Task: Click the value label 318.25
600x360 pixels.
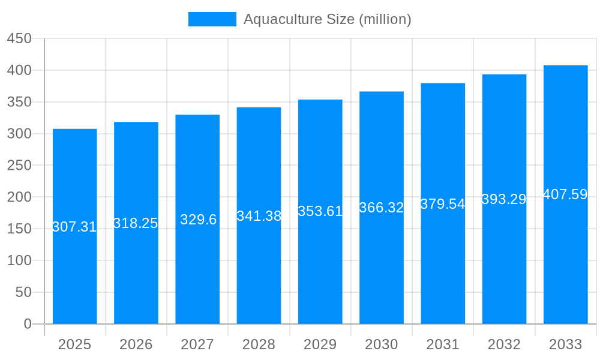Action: (136, 223)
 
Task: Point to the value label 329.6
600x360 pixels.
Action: (198, 220)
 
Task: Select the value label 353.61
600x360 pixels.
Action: (320, 211)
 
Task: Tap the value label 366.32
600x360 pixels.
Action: (381, 208)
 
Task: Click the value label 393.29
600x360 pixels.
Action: (504, 199)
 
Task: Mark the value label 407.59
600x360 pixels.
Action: (565, 194)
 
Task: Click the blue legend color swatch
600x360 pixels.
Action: (212, 19)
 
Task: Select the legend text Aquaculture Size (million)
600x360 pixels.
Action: (327, 19)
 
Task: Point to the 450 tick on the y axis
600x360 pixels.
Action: (19, 38)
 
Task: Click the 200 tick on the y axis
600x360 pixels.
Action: (19, 197)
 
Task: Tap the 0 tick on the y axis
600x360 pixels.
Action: (27, 324)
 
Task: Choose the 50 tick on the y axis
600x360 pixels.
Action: (23, 292)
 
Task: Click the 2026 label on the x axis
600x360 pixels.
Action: (136, 344)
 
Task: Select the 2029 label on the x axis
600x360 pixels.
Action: (320, 344)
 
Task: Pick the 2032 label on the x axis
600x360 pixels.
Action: (504, 344)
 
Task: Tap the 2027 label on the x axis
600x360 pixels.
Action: (197, 344)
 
